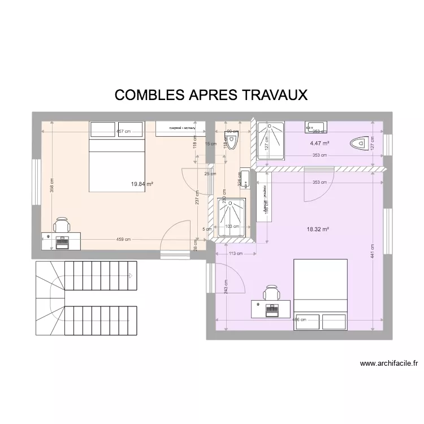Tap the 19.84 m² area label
point(142,184)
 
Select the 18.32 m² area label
point(318,230)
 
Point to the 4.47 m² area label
point(319,144)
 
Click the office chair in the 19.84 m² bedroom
point(61,226)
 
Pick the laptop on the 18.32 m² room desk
point(272,309)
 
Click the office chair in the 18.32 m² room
point(272,293)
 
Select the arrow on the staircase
point(130,276)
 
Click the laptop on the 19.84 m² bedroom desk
point(62,241)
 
